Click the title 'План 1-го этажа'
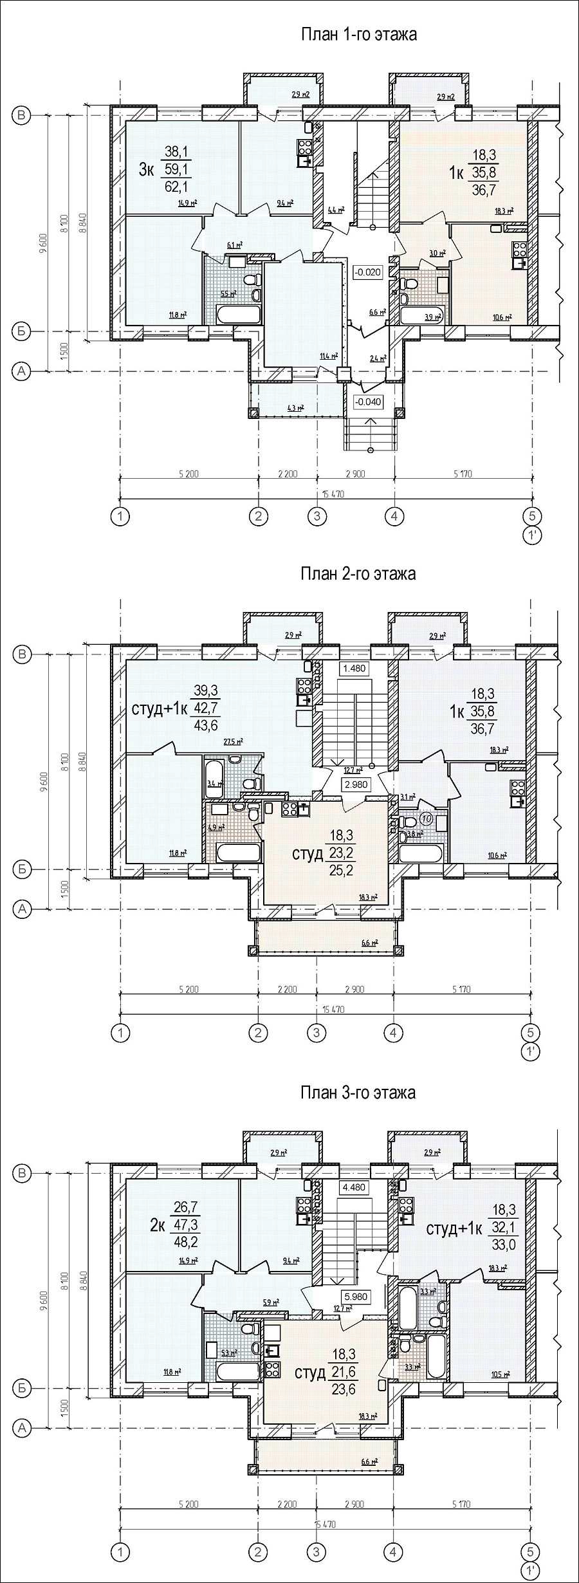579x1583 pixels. coord(358,35)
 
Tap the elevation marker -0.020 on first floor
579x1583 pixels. coord(367,272)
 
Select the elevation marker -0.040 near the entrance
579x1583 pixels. coord(367,402)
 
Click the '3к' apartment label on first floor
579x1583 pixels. coord(146,170)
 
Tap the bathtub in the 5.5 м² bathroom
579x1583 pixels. coord(239,315)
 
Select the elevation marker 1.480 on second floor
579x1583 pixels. coord(354,669)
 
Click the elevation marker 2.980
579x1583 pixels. coord(355,784)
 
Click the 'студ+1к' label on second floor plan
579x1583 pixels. coord(159,709)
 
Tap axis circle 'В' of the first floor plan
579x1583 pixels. coord(22,116)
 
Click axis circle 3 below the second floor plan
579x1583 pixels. coord(316,1033)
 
